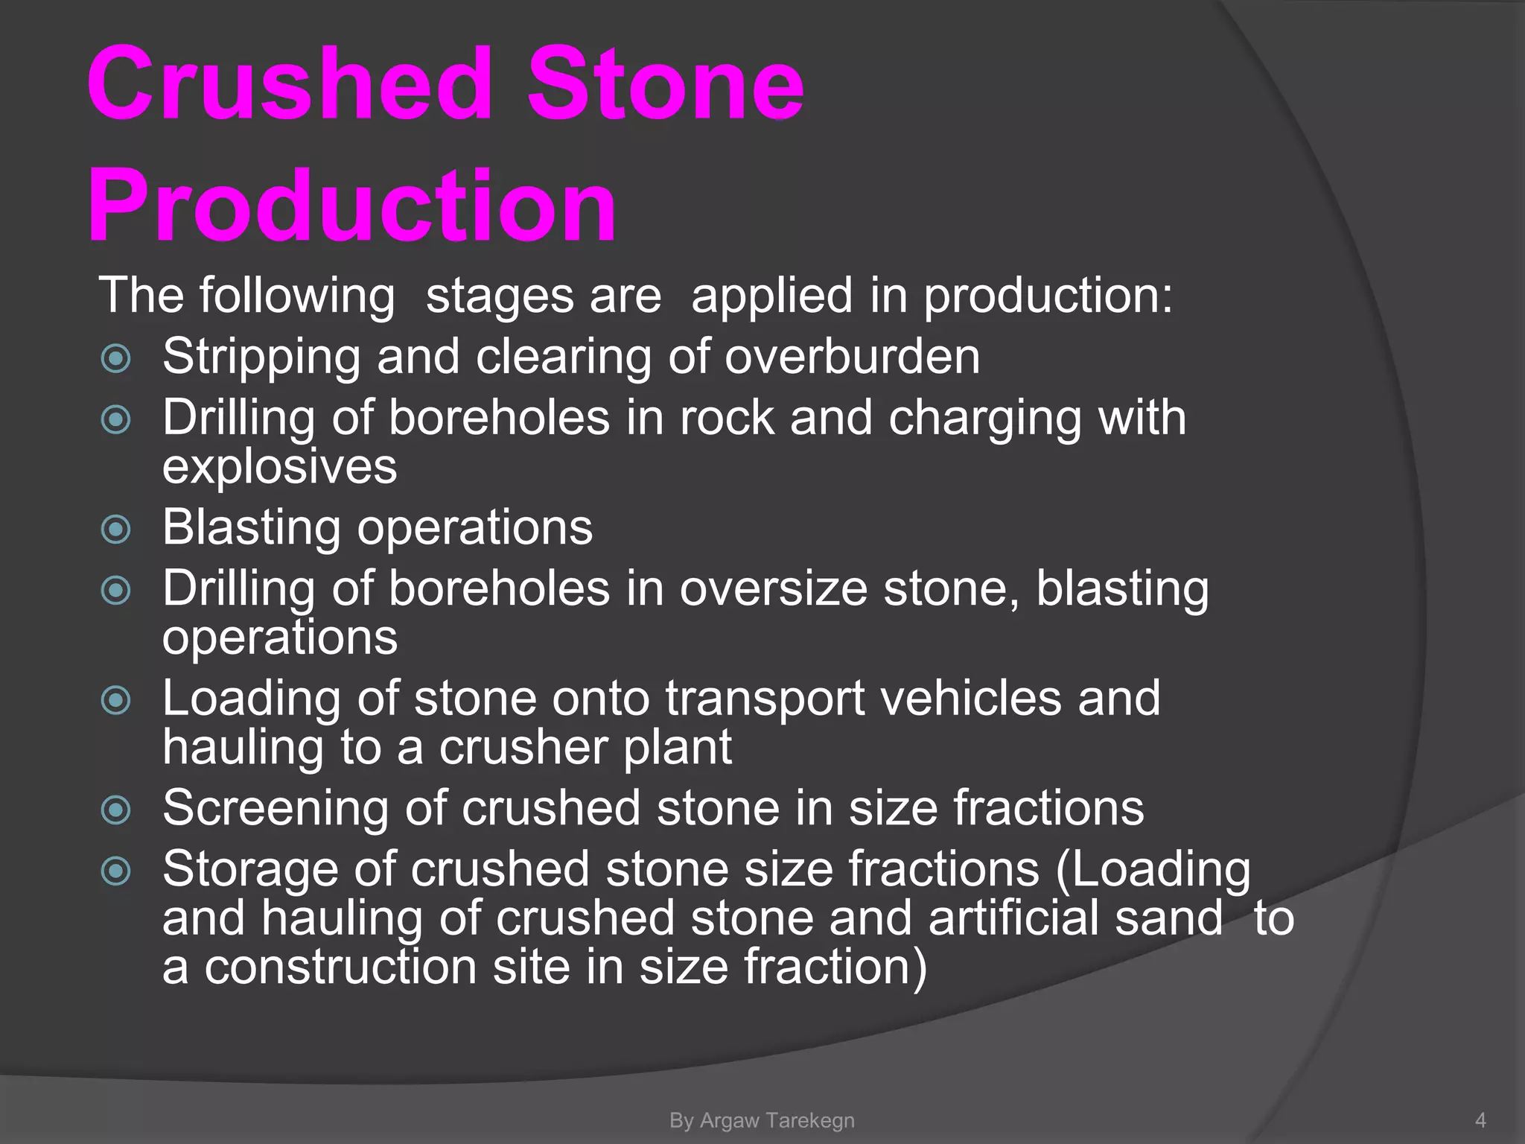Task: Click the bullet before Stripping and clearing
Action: (115, 358)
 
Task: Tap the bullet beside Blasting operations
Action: (115, 530)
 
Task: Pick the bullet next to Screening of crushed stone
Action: (115, 810)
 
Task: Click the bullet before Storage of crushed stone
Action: (115, 871)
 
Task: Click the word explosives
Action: (279, 468)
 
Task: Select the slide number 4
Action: (1480, 1120)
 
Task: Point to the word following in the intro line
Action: (296, 296)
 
